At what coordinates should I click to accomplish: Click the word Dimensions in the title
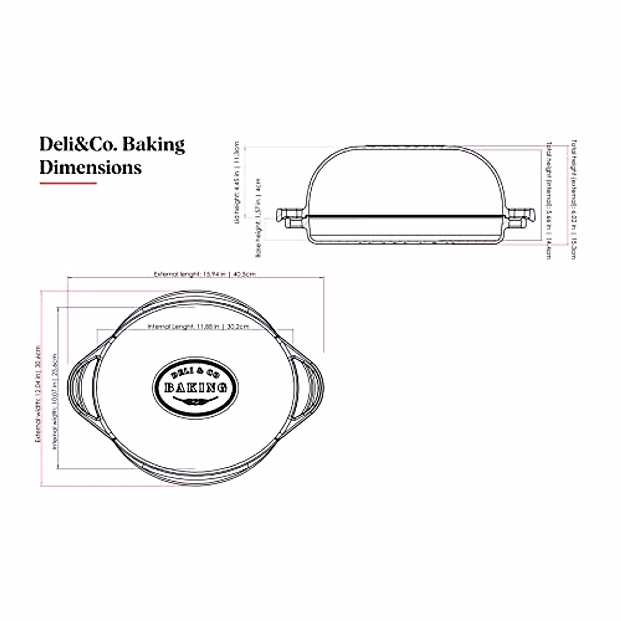click(91, 167)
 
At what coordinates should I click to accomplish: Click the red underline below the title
click(68, 183)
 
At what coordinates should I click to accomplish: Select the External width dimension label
click(38, 394)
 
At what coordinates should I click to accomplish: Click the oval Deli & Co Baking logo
click(196, 386)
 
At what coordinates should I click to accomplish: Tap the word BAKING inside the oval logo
click(196, 388)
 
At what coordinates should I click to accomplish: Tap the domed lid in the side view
click(406, 176)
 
